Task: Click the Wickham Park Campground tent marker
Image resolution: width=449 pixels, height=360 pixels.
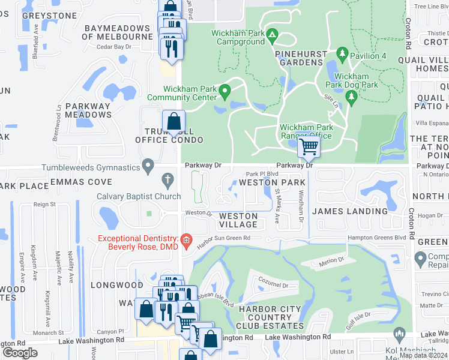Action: pyautogui.click(x=271, y=34)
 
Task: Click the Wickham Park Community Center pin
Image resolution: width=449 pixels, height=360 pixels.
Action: pyautogui.click(x=225, y=92)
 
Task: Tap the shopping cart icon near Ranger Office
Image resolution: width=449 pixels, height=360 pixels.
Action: pyautogui.click(x=309, y=145)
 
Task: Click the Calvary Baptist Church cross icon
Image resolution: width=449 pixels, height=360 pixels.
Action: pyautogui.click(x=169, y=179)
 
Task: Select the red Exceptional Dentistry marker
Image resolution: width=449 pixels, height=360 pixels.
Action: pyautogui.click(x=186, y=241)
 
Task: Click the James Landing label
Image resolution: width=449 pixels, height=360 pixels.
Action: pyautogui.click(x=350, y=211)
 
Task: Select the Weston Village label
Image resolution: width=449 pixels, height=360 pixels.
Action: pyautogui.click(x=238, y=220)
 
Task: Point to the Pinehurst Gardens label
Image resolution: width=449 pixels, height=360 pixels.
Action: pyautogui.click(x=300, y=58)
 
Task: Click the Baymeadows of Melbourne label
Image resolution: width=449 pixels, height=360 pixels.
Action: pyautogui.click(x=117, y=32)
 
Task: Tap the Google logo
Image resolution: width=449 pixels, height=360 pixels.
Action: pyautogui.click(x=20, y=353)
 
